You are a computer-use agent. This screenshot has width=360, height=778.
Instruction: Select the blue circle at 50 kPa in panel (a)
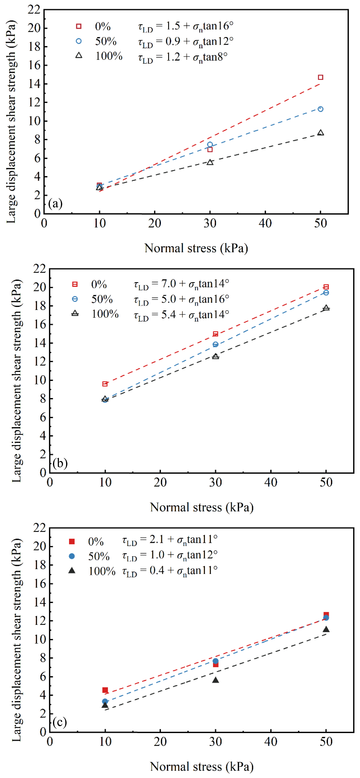point(320,109)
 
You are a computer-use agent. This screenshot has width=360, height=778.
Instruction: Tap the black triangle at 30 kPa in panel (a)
point(210,162)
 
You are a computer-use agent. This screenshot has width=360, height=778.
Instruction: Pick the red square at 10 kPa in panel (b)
point(105,384)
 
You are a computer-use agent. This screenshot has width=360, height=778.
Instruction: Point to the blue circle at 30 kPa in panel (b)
point(215,344)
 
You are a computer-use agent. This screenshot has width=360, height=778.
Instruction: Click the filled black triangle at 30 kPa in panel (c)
point(215,680)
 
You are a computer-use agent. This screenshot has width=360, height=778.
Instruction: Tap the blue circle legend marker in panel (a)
point(79,41)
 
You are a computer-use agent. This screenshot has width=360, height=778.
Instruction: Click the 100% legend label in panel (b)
point(105,314)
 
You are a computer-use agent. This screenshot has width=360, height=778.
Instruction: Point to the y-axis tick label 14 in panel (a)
point(34,84)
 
